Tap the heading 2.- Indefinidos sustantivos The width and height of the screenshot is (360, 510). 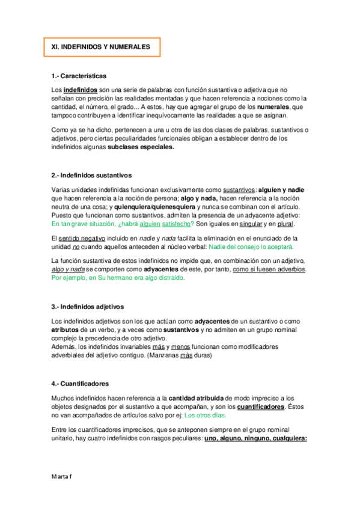(x=91, y=176)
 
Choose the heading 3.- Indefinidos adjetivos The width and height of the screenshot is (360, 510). (x=88, y=306)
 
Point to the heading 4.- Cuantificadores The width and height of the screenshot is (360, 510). (x=81, y=382)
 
